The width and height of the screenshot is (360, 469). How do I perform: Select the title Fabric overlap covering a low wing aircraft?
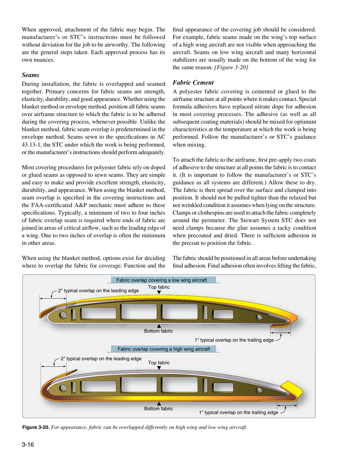(x=164, y=280)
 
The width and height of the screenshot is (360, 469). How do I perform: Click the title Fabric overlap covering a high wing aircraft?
(x=164, y=348)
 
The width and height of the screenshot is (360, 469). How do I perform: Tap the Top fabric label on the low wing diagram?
(x=159, y=288)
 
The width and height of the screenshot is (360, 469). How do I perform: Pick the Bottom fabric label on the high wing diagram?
(x=159, y=409)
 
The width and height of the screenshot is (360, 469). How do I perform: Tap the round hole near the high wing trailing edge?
(x=259, y=390)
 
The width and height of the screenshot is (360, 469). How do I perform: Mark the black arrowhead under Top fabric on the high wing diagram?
(x=159, y=367)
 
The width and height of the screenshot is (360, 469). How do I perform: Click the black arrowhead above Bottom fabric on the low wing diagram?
(x=159, y=326)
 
